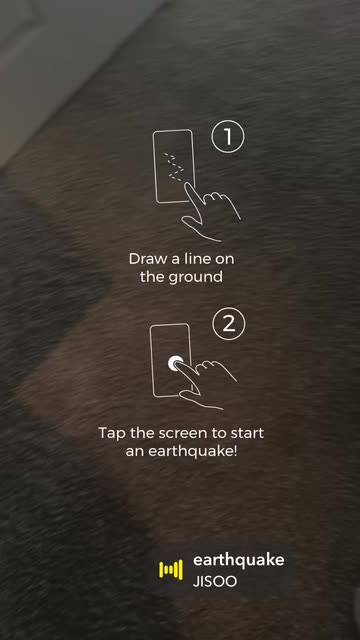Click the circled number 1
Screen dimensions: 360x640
(227, 137)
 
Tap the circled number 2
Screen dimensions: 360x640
(229, 324)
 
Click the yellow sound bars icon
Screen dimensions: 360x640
(171, 570)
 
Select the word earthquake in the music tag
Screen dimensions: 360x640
(238, 560)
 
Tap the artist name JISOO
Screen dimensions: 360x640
(215, 582)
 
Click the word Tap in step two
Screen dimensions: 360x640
(112, 433)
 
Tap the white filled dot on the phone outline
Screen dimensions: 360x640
(176, 363)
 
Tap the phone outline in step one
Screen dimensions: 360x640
(153, 166)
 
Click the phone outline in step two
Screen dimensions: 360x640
(151, 360)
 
